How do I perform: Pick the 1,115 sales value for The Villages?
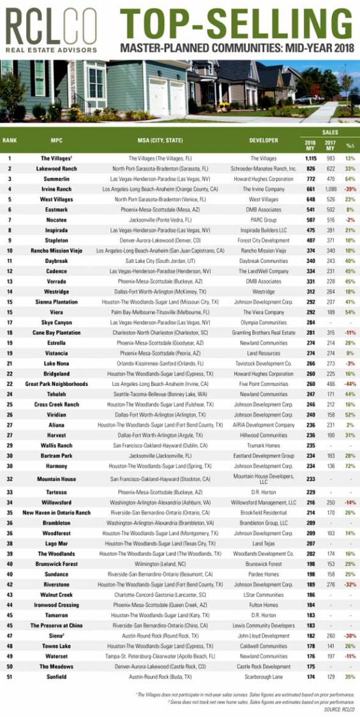(x=310, y=157)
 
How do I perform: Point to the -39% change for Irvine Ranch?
(x=349, y=189)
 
